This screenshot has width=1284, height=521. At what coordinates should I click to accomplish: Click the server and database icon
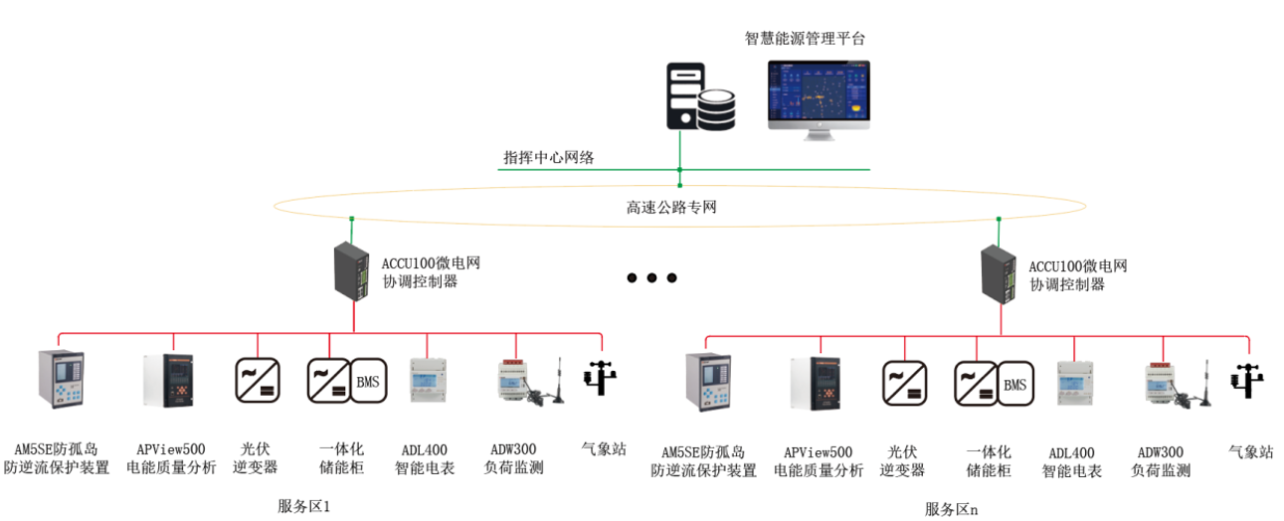[x=699, y=96]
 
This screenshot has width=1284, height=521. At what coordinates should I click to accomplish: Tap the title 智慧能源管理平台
[x=806, y=40]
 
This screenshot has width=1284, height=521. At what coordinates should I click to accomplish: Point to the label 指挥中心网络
[x=549, y=158]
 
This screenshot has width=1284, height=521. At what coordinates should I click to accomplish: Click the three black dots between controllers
[x=651, y=278]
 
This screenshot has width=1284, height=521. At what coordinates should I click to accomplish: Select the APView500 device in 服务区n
[x=816, y=383]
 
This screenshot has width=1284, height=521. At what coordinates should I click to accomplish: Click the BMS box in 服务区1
[x=367, y=381]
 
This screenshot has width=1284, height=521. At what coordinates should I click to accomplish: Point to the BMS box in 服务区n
[x=1014, y=384]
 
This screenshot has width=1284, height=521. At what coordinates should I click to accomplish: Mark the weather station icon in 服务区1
[x=601, y=379]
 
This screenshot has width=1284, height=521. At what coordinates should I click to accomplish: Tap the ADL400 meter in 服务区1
[x=429, y=381]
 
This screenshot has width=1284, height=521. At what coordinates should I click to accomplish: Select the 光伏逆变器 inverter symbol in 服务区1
[x=258, y=381]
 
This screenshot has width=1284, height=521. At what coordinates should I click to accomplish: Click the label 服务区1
[x=303, y=507]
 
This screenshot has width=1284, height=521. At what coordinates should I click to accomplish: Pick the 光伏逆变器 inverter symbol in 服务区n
[x=904, y=384]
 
